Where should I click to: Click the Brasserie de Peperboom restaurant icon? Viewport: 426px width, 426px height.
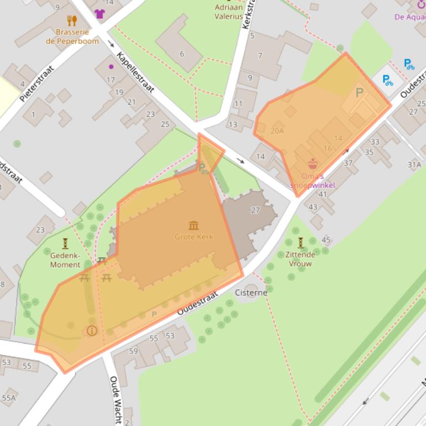pyautogui.click(x=71, y=21)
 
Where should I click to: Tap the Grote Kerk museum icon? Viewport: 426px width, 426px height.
pyautogui.click(x=193, y=225)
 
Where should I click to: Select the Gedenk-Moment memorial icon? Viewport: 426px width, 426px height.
pyautogui.click(x=65, y=243)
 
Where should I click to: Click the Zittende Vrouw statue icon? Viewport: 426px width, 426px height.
pyautogui.click(x=300, y=242)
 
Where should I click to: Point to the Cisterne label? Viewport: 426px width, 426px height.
pyautogui.click(x=251, y=292)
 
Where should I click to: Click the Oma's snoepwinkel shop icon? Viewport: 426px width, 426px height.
pyautogui.click(x=313, y=164)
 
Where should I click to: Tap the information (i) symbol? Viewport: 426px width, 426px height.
pyautogui.click(x=91, y=331)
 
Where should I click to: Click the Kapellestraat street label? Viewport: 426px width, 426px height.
pyautogui.click(x=135, y=72)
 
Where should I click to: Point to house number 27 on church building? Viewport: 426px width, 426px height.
pyautogui.click(x=255, y=210)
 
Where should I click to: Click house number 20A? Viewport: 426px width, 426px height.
pyautogui.click(x=277, y=131)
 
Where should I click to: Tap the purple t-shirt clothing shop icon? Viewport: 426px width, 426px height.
pyautogui.click(x=99, y=14)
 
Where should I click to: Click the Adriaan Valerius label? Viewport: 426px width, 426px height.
pyautogui.click(x=229, y=12)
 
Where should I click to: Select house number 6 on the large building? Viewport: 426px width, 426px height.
pyautogui.click(x=182, y=54)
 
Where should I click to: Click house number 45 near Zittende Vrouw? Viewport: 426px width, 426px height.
pyautogui.click(x=326, y=240)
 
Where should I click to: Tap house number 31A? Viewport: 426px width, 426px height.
pyautogui.click(x=414, y=164)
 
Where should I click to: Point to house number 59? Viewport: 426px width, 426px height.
pyautogui.click(x=133, y=351)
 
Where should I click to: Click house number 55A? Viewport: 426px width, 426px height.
pyautogui.click(x=8, y=398)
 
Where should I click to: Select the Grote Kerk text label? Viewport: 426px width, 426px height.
pyautogui.click(x=193, y=237)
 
